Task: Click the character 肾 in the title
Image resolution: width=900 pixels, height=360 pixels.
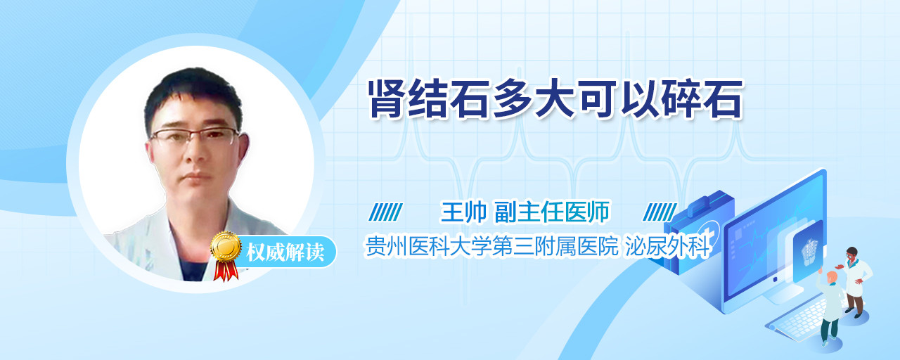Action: click(x=387, y=98)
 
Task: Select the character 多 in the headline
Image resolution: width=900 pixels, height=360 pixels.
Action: click(x=513, y=98)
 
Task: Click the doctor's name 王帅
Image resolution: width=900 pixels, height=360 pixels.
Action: click(x=463, y=212)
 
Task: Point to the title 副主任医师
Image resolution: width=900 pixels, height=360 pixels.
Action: click(x=552, y=212)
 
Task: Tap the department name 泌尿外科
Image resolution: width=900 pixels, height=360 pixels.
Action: click(x=668, y=246)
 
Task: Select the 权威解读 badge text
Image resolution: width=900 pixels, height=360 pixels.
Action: click(x=285, y=252)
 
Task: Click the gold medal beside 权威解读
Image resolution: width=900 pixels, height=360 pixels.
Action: click(x=226, y=246)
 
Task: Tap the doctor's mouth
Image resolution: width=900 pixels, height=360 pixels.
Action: click(x=197, y=176)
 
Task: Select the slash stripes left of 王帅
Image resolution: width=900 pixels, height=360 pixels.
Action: click(x=386, y=212)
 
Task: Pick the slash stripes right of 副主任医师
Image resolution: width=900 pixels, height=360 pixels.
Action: click(x=660, y=212)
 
